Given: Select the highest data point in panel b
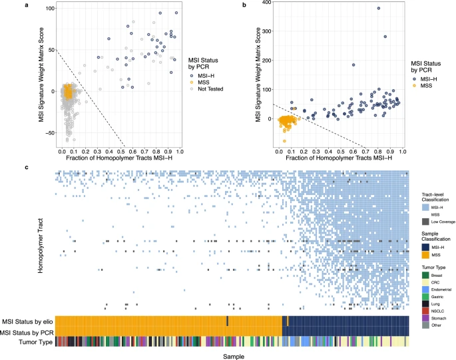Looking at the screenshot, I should point(378,9).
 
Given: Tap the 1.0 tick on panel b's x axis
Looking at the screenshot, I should point(403,152).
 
